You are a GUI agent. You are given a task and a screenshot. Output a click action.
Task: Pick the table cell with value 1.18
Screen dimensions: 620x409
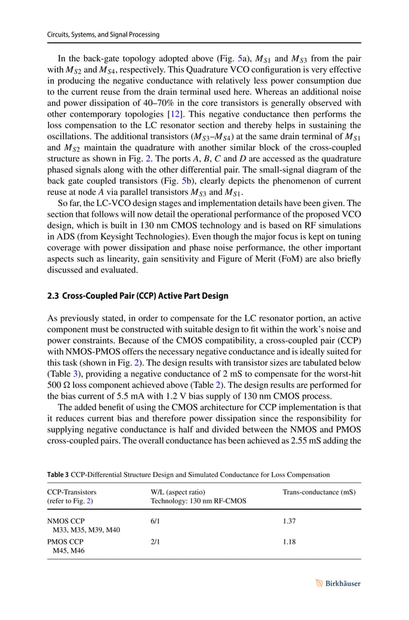click(290, 542)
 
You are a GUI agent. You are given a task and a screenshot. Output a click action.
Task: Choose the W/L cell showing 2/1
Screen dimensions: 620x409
click(155, 542)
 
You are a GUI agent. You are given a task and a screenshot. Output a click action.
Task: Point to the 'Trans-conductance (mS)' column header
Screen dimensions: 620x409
click(319, 492)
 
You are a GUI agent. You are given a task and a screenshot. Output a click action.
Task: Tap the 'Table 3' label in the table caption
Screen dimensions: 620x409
click(60, 474)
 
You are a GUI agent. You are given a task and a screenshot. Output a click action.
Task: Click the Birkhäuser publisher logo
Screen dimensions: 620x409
click(339, 583)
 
